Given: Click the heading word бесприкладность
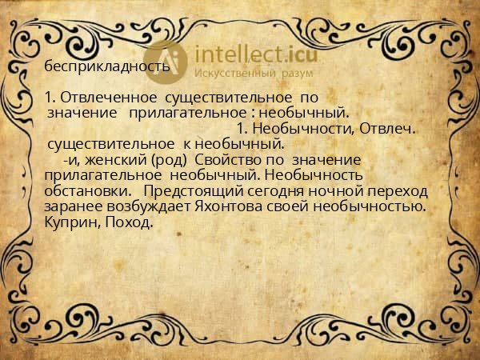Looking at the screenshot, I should click(106, 66).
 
